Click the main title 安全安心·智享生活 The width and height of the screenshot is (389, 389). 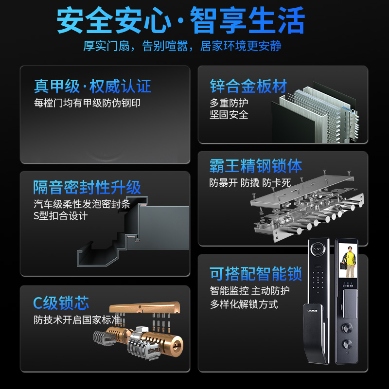coord(180,20)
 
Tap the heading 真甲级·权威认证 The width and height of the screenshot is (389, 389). coord(92,87)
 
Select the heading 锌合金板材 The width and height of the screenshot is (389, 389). coord(248,86)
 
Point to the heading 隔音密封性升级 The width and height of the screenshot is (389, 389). coord(87,187)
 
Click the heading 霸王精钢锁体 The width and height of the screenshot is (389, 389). coord(256,166)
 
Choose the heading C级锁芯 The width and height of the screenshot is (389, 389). coord(61,303)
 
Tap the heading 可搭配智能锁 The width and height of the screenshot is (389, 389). coord(256,274)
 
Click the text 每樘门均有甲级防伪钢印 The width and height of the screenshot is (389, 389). coord(87,103)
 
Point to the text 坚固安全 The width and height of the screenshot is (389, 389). coord(229,115)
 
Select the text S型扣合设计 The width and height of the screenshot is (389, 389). coord(60,216)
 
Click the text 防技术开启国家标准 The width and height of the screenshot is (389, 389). coord(77,320)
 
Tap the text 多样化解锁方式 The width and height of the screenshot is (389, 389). coord(244,304)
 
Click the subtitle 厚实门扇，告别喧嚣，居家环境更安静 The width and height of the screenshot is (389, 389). coord(182,46)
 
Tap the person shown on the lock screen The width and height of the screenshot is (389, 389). coord(349,262)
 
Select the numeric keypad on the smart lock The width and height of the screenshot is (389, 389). coord(318,278)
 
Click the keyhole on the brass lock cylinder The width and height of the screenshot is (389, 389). coord(177,345)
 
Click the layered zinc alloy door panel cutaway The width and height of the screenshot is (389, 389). coord(315,112)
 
